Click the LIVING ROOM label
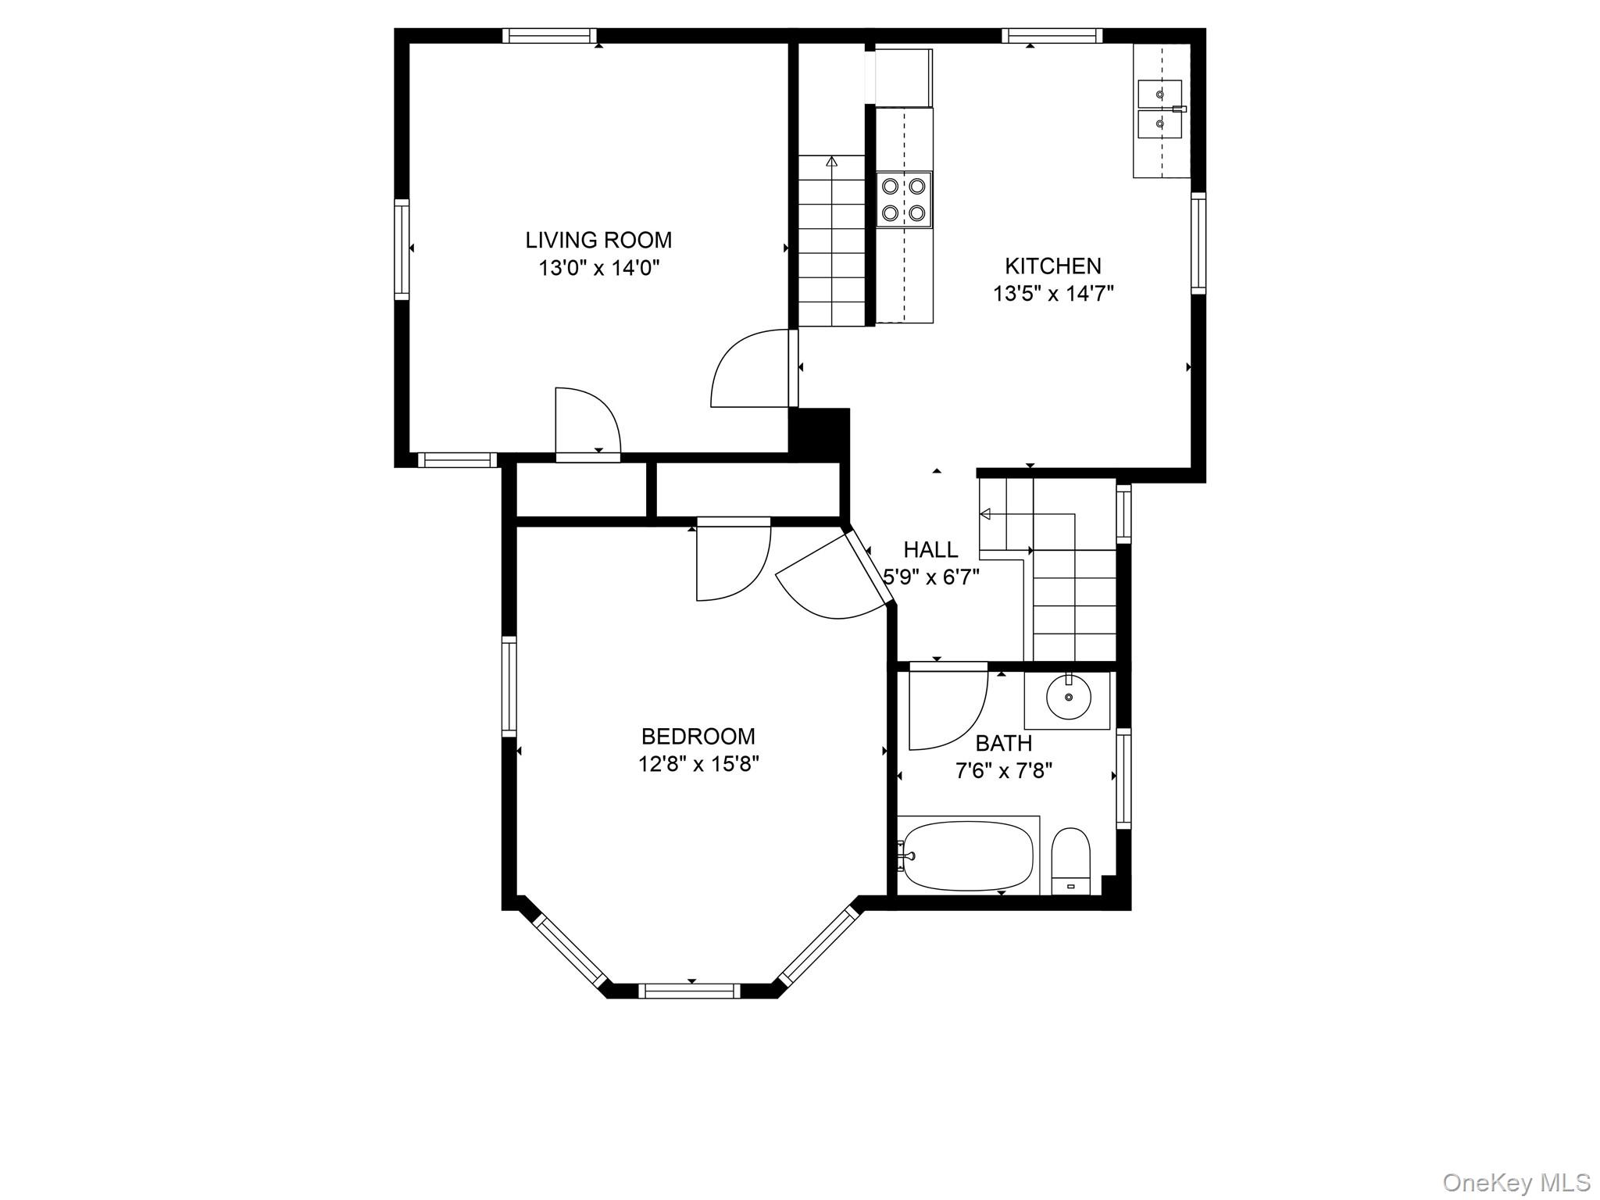click(598, 240)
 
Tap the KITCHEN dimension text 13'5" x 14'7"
click(1053, 294)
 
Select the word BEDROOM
click(698, 736)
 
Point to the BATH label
click(1004, 743)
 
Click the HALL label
click(930, 550)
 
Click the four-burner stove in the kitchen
click(904, 199)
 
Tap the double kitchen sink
click(1159, 109)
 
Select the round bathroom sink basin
click(1068, 698)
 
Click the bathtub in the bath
click(966, 855)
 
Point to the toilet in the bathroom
click(1070, 861)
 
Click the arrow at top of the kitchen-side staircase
click(831, 162)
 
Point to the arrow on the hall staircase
click(984, 514)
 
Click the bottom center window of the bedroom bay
click(689, 991)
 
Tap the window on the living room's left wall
click(402, 249)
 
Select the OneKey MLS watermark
click(1516, 1182)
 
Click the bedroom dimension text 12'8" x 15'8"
click(698, 763)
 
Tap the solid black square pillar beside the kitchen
click(820, 430)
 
